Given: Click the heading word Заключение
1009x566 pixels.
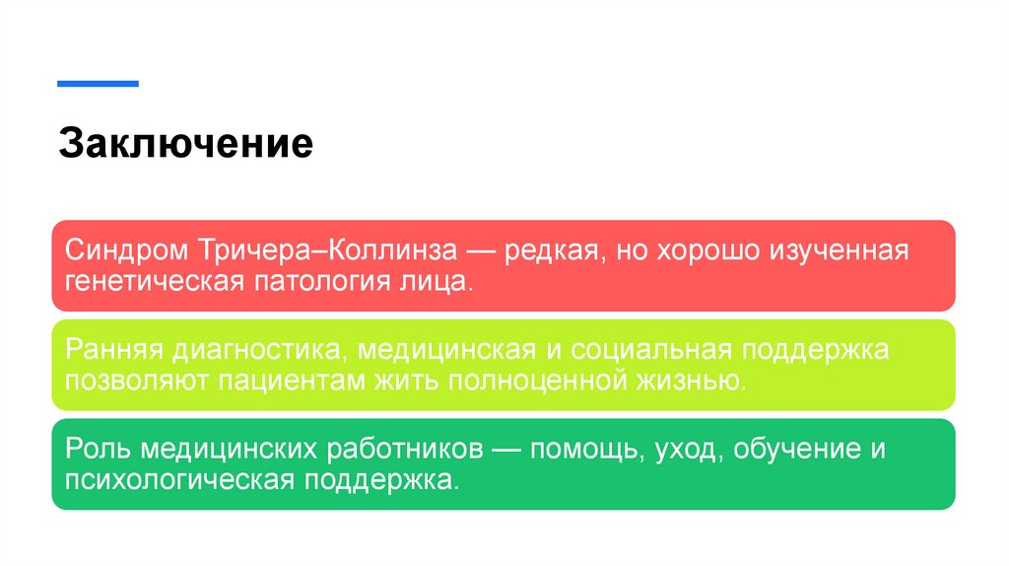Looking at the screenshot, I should [185, 144].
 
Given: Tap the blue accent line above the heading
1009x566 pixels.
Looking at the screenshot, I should [98, 84].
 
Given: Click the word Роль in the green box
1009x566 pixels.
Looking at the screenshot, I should [98, 450].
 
